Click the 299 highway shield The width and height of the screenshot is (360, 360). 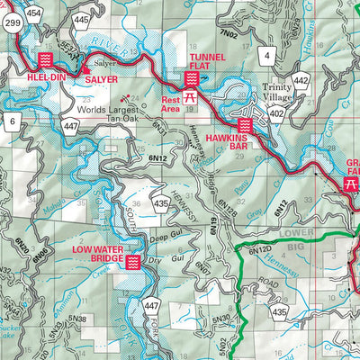[x=13, y=26]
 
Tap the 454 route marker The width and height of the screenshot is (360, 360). [x=34, y=13]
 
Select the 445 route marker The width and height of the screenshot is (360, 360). [x=81, y=20]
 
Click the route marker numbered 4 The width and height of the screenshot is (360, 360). [x=266, y=56]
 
